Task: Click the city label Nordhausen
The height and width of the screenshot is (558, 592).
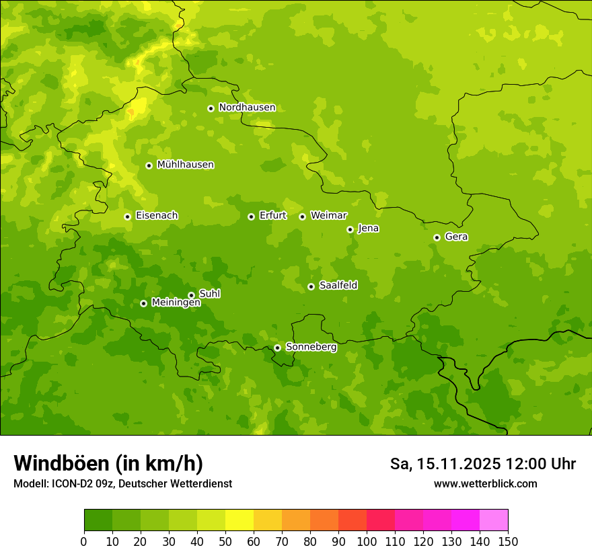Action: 247,108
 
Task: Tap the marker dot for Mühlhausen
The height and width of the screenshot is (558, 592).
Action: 149,165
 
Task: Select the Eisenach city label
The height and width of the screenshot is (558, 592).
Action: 157,216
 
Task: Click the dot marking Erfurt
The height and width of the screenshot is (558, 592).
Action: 251,216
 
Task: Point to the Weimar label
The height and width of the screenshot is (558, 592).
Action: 328,216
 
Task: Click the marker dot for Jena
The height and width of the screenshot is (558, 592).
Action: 350,229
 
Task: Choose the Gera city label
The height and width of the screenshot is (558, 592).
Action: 456,237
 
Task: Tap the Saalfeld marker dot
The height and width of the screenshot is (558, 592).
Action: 311,286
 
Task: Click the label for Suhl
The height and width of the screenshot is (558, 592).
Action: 210,294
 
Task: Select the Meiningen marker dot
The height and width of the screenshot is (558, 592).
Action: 143,303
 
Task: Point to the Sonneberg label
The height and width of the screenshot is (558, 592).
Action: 311,347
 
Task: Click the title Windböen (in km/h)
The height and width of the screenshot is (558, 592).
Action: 108,463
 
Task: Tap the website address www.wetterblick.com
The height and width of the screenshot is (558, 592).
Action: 485,484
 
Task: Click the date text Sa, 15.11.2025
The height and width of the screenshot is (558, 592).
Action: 445,464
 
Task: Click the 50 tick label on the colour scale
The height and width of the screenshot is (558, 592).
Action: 225,541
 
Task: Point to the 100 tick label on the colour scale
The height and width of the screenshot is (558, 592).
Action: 367,541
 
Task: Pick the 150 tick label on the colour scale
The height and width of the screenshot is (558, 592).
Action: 508,541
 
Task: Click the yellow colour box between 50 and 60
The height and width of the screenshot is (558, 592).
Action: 239,520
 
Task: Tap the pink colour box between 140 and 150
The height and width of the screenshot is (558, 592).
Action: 494,520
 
